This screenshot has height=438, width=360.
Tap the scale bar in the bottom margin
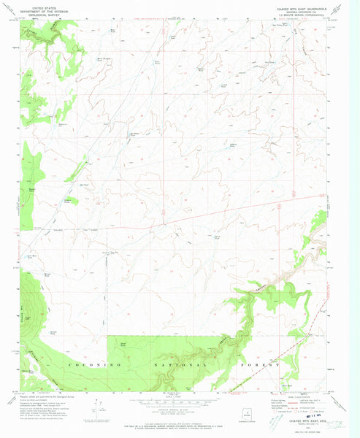(180, 401)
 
